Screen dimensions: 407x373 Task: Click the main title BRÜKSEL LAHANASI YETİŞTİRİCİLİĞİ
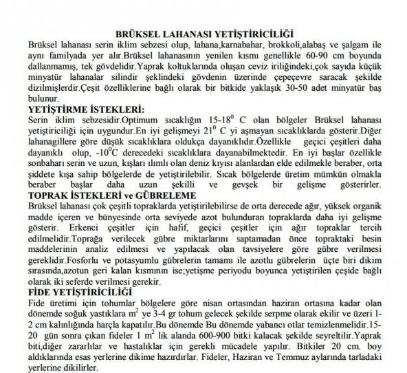tap(203, 33)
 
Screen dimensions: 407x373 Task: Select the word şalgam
tap(357, 43)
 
